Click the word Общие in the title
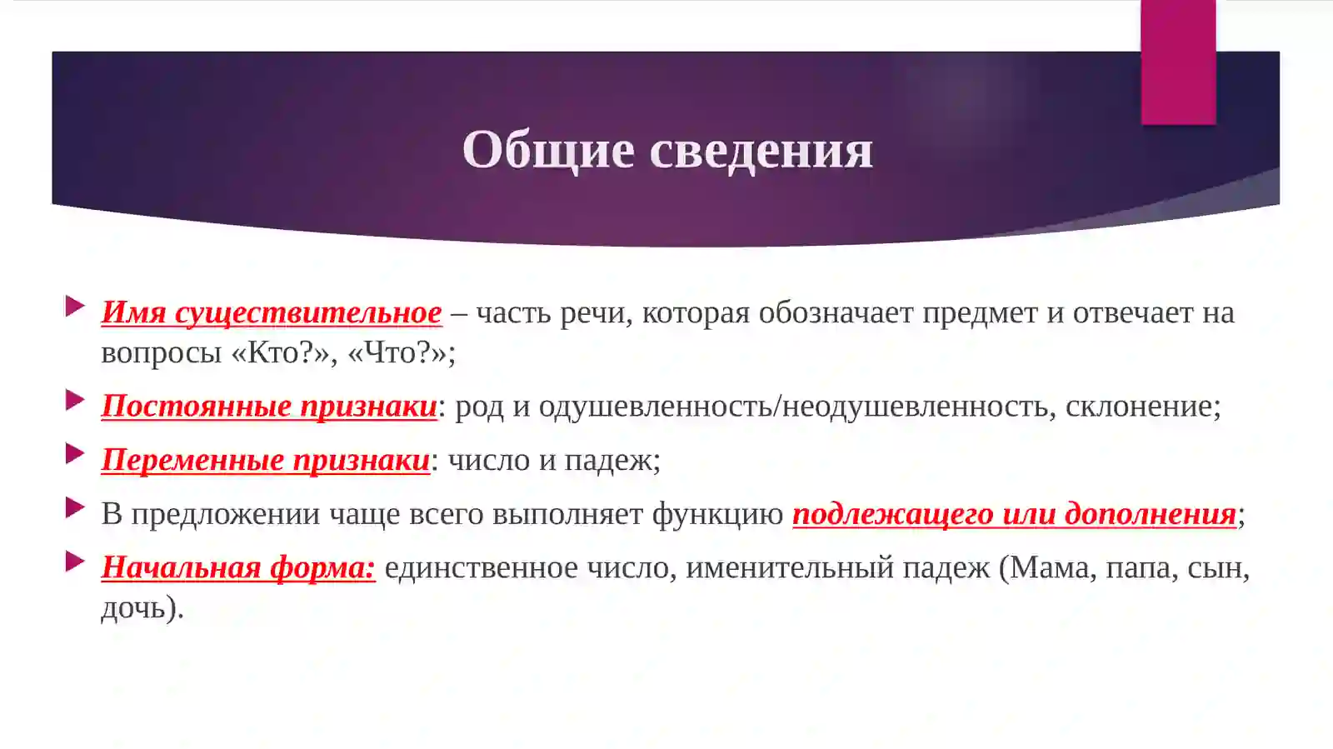pyautogui.click(x=547, y=150)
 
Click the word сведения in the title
pyautogui.click(x=761, y=150)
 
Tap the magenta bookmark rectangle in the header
pyautogui.click(x=1177, y=62)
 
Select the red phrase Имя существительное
pyautogui.click(x=272, y=312)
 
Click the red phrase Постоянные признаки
pyautogui.click(x=269, y=406)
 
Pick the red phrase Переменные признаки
pyautogui.click(x=265, y=460)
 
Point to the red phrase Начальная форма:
pyautogui.click(x=238, y=567)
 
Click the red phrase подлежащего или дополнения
pyautogui.click(x=1014, y=514)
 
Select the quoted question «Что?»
pyautogui.click(x=401, y=353)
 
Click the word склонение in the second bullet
pyautogui.click(x=1142, y=406)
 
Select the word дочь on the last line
pyautogui.click(x=133, y=607)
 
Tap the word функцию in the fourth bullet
pyautogui.click(x=717, y=514)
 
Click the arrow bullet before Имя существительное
pyautogui.click(x=75, y=306)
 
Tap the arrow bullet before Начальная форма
pyautogui.click(x=75, y=562)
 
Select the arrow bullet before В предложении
pyautogui.click(x=75, y=507)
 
